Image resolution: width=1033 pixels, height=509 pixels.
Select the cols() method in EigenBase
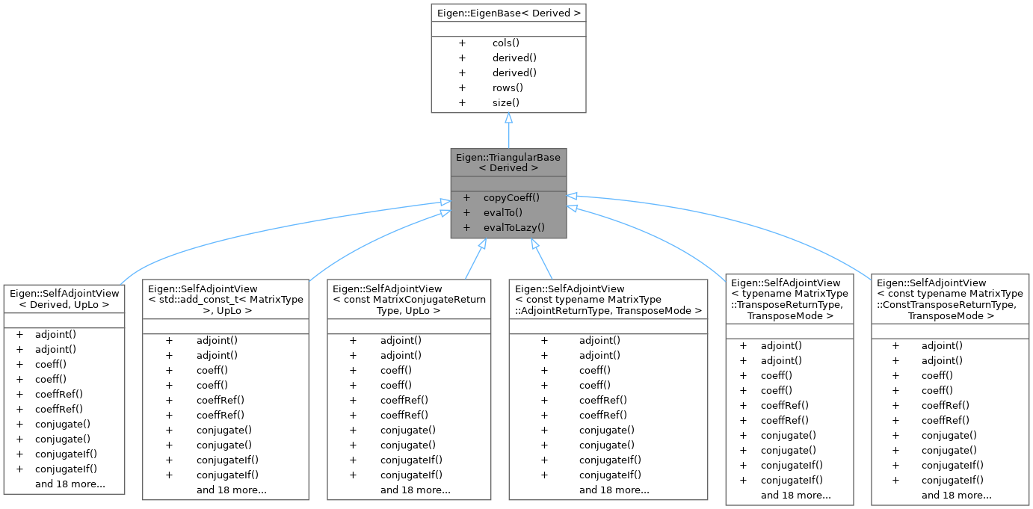(x=506, y=43)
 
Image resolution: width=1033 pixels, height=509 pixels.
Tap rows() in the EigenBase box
(x=507, y=87)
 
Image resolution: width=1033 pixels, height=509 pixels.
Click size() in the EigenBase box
(x=506, y=102)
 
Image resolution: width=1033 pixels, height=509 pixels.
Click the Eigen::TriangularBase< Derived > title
(x=508, y=162)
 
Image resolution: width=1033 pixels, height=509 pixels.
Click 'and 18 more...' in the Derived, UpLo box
(x=70, y=484)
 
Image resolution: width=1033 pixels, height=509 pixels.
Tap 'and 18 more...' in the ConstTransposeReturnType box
(x=956, y=495)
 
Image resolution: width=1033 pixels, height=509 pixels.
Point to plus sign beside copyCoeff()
(x=466, y=198)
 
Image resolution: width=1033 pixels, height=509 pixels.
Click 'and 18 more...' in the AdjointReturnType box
(x=614, y=490)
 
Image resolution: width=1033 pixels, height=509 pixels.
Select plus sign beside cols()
(x=462, y=43)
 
